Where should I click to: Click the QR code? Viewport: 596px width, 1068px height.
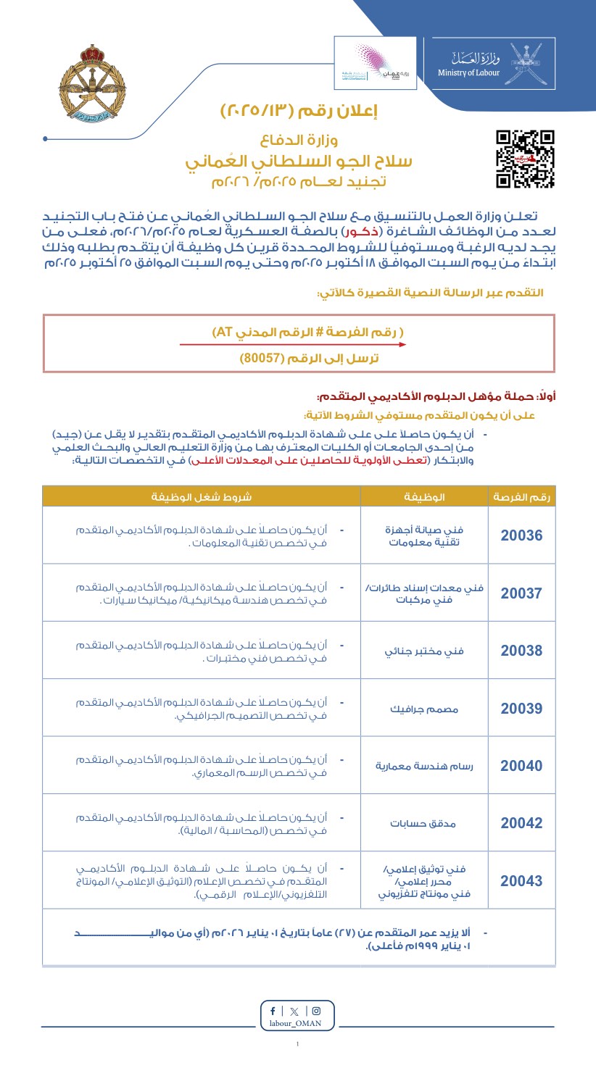coord(525,159)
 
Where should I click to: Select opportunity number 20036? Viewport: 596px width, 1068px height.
coord(521,535)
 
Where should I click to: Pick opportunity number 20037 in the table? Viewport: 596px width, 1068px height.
coord(521,593)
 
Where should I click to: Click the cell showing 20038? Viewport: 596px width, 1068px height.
coord(521,651)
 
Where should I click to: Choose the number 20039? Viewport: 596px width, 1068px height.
coord(521,708)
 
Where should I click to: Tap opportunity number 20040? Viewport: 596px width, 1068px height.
coord(521,766)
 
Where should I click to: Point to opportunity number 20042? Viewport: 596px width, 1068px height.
coord(521,823)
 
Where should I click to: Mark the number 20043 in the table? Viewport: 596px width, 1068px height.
coord(521,881)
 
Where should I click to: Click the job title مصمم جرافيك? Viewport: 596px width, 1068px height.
coord(423,708)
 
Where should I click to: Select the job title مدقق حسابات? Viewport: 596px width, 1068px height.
coord(423,824)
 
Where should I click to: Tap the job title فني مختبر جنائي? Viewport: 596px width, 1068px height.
coord(423,651)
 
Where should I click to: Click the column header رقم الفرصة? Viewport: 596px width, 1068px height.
coord(521,496)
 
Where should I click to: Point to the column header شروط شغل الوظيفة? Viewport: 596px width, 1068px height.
coord(202,496)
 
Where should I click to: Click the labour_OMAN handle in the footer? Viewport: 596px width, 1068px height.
coord(298,1024)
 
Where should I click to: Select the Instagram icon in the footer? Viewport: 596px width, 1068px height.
coord(316,1011)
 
